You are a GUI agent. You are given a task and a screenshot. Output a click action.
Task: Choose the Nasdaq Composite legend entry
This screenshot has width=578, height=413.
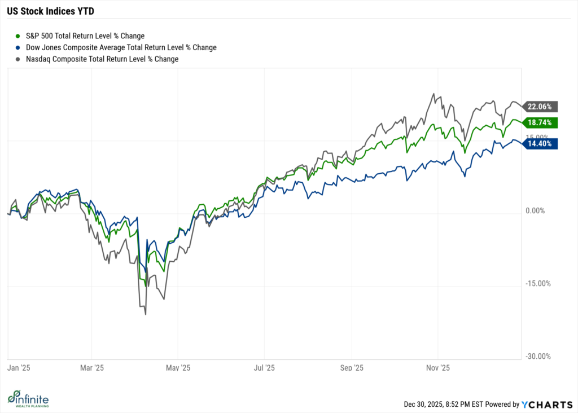tap(97, 59)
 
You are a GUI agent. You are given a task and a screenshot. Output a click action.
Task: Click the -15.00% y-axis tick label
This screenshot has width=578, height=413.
tap(536, 284)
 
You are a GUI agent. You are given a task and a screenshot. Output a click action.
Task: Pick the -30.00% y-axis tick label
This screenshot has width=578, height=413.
tap(536, 357)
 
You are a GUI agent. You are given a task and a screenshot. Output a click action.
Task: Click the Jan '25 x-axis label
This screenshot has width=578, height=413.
tap(17, 368)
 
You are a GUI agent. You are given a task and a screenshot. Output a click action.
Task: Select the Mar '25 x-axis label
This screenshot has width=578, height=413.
tap(92, 368)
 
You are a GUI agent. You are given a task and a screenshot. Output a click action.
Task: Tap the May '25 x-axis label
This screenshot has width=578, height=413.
tap(177, 368)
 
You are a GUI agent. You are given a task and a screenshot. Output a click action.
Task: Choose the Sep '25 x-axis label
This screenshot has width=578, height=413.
tap(351, 368)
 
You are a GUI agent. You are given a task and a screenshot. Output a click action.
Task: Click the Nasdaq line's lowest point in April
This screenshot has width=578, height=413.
tap(146, 314)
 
